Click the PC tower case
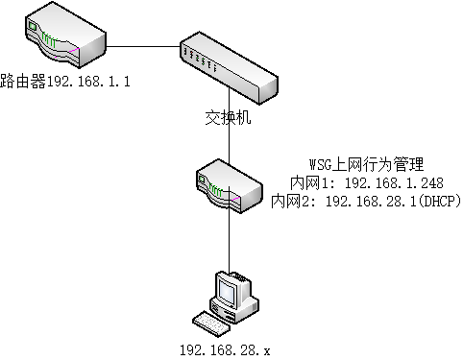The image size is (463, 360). pyautogui.click(x=244, y=298)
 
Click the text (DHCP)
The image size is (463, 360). pyautogui.click(x=440, y=201)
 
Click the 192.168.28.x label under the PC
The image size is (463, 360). pyautogui.click(x=225, y=350)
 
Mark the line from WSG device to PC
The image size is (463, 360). pyautogui.click(x=228, y=240)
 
